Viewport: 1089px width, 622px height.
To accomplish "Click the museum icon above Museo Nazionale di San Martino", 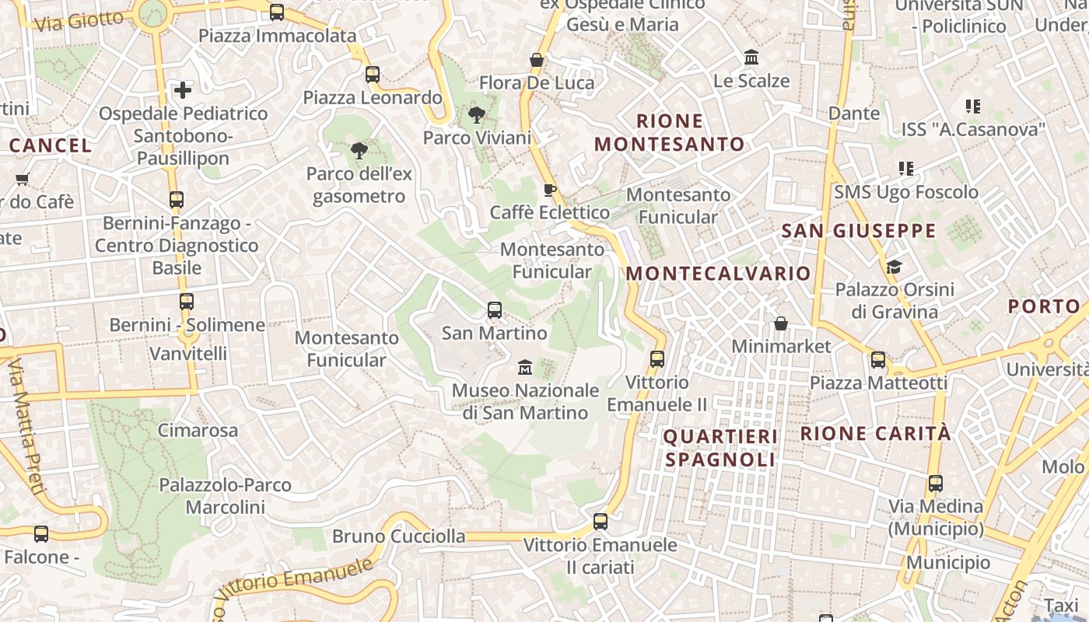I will coord(525,366).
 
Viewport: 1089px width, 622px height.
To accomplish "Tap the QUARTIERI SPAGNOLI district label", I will coord(720,448).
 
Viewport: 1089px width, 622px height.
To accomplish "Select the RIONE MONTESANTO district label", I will coord(670,132).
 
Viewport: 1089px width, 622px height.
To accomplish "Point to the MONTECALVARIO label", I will coord(719,274).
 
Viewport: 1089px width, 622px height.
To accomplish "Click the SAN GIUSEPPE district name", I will coord(859,231).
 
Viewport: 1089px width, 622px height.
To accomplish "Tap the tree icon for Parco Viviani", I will coord(477,116).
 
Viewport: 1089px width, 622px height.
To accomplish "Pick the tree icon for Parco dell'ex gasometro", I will coord(359,151).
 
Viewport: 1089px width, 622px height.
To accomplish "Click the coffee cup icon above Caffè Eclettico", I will coord(549,190).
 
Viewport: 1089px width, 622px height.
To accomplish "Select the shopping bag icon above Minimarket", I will coord(781,323).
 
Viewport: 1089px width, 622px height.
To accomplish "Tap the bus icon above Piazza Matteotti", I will coord(878,359).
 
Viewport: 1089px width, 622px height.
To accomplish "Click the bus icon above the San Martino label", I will coord(495,310).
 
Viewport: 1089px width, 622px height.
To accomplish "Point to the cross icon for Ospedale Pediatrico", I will coord(183,90).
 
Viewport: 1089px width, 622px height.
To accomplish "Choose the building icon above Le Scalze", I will coord(751,58).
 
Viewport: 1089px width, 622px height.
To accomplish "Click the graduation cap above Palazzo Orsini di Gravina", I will coord(894,267).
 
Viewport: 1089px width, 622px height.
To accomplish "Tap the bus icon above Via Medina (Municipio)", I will coord(936,484).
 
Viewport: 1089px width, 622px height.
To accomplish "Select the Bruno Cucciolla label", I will coord(399,536).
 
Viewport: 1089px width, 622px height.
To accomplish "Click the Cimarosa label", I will coord(198,430).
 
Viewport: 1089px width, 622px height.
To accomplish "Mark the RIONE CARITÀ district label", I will coord(876,433).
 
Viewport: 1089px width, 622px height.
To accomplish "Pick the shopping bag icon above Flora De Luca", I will coord(536,60).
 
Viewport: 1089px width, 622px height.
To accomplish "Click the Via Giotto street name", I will coord(79,21).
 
